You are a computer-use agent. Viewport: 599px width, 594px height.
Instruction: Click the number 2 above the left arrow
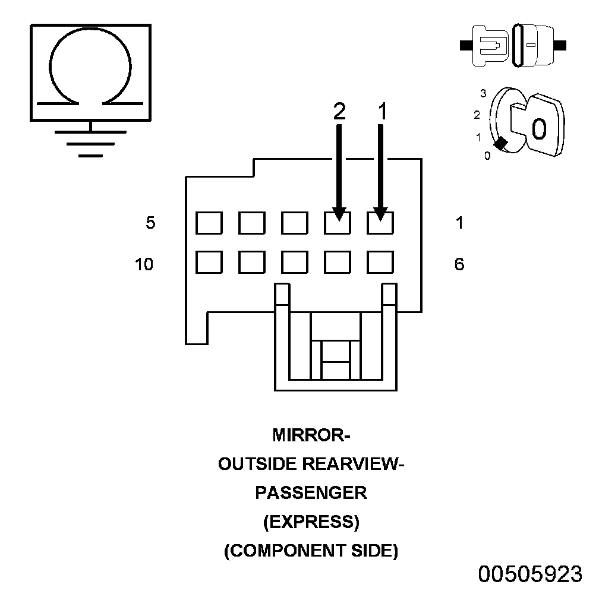tap(339, 112)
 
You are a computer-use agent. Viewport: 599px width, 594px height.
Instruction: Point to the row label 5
tap(151, 223)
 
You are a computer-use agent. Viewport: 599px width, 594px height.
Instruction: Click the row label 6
tap(459, 264)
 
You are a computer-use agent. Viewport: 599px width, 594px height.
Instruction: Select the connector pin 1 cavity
tap(381, 224)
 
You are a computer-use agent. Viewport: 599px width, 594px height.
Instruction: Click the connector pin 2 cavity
tap(338, 224)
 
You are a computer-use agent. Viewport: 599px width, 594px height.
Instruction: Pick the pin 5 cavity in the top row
tap(209, 224)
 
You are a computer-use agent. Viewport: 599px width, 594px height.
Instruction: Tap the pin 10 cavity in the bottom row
tap(209, 261)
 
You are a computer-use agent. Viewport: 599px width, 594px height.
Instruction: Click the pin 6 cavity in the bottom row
tap(381, 261)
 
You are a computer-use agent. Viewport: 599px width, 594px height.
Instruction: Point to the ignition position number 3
tap(484, 93)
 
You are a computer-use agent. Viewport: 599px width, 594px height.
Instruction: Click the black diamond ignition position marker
tap(502, 143)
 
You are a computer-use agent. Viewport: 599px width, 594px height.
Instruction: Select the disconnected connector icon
tap(513, 45)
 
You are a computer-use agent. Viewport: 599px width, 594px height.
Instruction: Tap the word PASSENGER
tap(311, 493)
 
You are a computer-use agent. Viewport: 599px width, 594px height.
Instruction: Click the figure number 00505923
tap(531, 574)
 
